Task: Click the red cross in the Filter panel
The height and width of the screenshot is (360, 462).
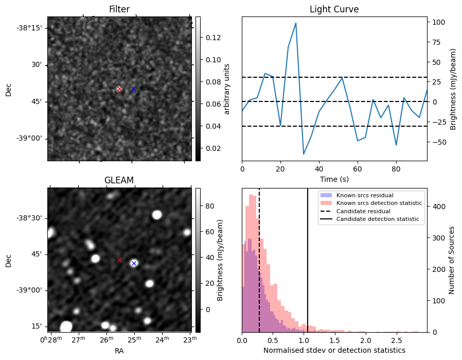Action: point(119,89)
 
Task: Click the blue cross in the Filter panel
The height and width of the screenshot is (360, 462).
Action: point(133,89)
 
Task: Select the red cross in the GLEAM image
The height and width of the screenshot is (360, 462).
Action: point(119,260)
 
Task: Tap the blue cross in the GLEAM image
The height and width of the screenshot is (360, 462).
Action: point(134,263)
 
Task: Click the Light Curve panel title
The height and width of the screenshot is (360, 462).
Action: point(334,9)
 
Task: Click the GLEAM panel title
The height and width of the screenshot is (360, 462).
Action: point(119,180)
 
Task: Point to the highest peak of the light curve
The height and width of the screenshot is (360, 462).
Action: point(296,23)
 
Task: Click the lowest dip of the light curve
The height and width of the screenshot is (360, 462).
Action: point(304,154)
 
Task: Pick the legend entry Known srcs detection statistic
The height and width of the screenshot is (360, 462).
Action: point(379,203)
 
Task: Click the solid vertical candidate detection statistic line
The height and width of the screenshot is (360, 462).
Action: point(308,268)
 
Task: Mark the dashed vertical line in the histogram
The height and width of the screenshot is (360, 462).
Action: point(259,268)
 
